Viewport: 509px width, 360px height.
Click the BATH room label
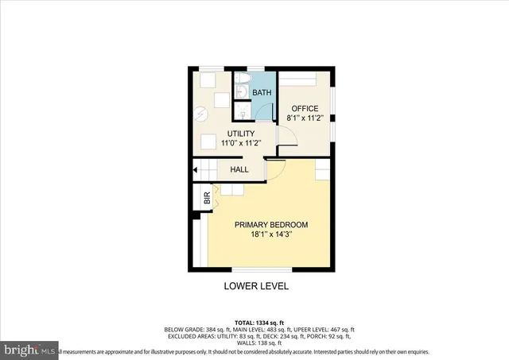coord(262,93)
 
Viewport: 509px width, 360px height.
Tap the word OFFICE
coord(304,109)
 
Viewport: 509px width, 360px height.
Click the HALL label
coord(239,169)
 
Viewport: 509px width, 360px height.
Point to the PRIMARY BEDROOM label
coord(270,225)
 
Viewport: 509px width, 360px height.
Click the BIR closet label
coord(208,201)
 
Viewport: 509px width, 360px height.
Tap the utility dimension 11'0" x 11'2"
coord(243,142)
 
